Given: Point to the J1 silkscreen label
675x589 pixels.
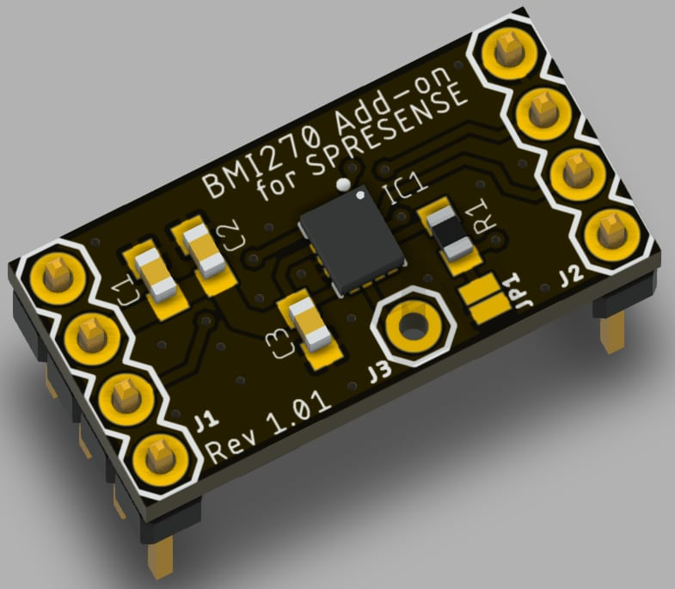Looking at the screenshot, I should coord(204,420).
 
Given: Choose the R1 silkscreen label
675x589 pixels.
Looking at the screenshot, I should coord(482,210).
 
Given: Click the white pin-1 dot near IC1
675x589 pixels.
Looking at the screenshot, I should coord(343,184).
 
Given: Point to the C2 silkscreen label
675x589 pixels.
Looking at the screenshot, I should coord(230,234).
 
